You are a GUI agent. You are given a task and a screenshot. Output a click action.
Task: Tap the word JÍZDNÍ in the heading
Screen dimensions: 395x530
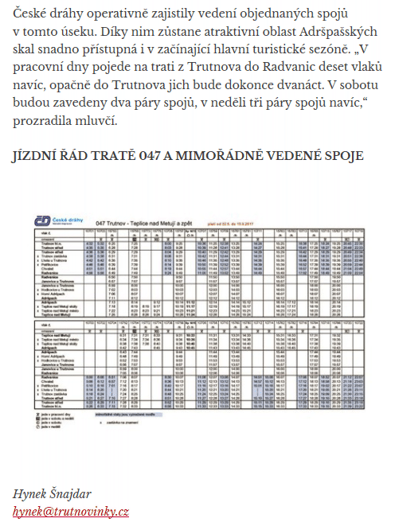coord(37,155)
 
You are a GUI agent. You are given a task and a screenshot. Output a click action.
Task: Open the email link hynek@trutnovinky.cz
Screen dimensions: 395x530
coord(71,511)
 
